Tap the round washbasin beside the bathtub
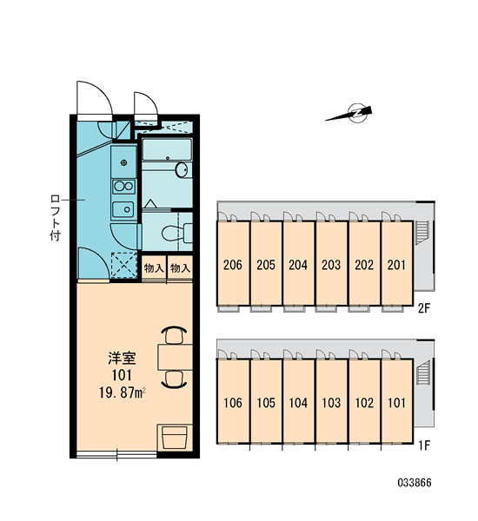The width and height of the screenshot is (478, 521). point(182,170)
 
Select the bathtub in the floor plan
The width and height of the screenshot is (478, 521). point(167,149)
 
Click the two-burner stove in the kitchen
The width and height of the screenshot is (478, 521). point(123,187)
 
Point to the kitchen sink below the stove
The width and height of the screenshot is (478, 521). point(123,209)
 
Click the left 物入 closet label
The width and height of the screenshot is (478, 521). point(154,267)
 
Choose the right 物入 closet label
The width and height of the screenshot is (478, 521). point(180,267)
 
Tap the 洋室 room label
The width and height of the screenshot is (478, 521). point(122,358)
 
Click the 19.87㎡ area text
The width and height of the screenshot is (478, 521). point(122,393)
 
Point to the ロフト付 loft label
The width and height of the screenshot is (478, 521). point(56,218)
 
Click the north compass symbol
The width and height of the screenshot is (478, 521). point(351,114)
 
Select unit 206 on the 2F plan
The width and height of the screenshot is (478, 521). point(233,265)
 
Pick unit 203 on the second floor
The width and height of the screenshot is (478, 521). point(331,265)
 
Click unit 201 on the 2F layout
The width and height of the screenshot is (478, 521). point(396,265)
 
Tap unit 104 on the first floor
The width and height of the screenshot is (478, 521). point(298,403)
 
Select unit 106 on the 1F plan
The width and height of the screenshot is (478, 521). point(233,403)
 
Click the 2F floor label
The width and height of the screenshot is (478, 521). point(424,308)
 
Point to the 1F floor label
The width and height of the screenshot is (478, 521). point(424,445)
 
